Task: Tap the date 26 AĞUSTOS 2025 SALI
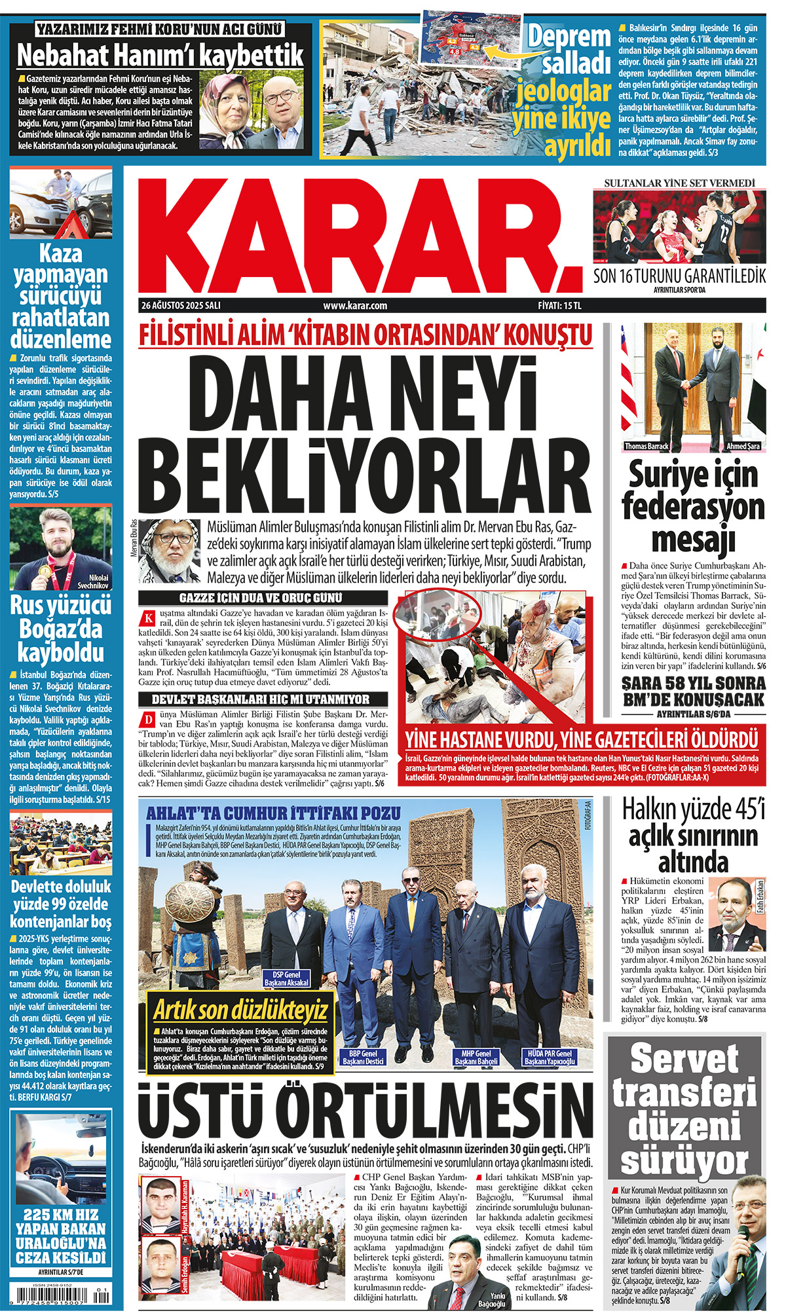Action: pyautogui.click(x=181, y=306)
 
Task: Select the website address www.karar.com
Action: pyautogui.click(x=355, y=306)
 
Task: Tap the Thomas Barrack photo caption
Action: pyautogui.click(x=646, y=447)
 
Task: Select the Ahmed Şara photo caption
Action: pyautogui.click(x=743, y=447)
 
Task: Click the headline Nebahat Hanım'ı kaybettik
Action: pyautogui.click(x=160, y=55)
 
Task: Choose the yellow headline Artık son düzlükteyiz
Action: pyautogui.click(x=240, y=1010)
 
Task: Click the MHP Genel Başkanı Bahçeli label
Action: pyautogui.click(x=476, y=1058)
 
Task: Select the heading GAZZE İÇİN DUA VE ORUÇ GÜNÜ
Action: pyautogui.click(x=261, y=598)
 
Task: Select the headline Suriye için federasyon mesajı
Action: pyautogui.click(x=693, y=506)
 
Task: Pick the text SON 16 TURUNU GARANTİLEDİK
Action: pyautogui.click(x=679, y=276)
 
